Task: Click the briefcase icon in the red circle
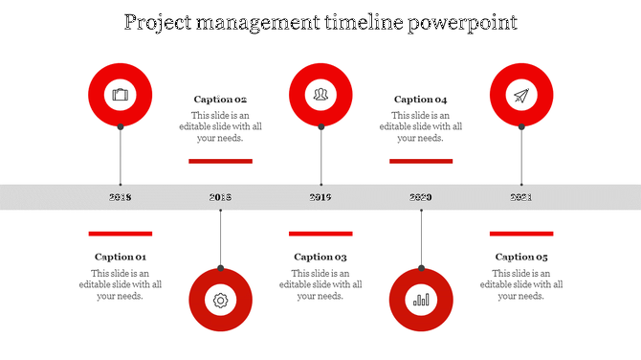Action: tap(120, 95)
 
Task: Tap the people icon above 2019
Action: tap(320, 95)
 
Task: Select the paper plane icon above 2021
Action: tap(521, 95)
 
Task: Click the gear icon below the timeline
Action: tap(220, 300)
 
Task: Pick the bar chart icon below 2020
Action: tap(421, 300)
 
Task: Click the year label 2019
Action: tap(320, 197)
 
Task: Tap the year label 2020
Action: tap(421, 197)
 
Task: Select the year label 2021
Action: tap(521, 197)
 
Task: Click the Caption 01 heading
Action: tap(120, 257)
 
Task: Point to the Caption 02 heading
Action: tap(220, 100)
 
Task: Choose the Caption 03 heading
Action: tap(320, 257)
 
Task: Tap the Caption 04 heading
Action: tap(421, 100)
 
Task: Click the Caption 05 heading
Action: tap(521, 257)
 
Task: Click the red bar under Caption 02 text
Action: tap(220, 161)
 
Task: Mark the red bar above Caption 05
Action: tap(521, 233)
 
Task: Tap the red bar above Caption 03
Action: tap(320, 233)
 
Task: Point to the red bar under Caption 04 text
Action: tap(421, 161)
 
